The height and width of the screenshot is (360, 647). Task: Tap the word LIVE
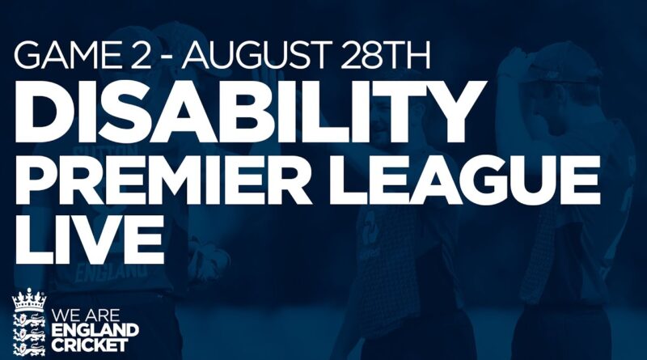point(89,239)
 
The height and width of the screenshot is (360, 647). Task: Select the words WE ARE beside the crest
point(86,316)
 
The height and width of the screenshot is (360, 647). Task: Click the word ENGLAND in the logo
point(95,331)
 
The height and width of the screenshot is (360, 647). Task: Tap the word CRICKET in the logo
point(90,345)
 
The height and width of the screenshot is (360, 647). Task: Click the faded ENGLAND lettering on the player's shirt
point(111,273)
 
